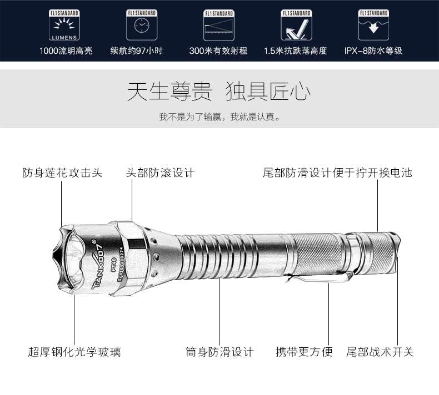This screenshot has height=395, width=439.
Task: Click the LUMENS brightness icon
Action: pos(66,25)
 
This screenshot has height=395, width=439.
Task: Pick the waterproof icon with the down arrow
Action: pos(373,25)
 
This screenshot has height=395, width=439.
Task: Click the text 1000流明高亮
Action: pos(66,51)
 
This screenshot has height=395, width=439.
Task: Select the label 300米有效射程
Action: pos(218,51)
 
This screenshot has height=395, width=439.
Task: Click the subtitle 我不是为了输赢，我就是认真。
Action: pos(219,117)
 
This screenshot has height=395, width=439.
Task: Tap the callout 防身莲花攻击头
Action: pos(62,173)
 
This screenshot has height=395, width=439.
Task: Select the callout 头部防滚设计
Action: pos(160,173)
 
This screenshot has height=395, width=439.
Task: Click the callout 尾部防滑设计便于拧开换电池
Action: pos(337,173)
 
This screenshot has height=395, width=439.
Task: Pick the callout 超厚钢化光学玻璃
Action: pos(74,352)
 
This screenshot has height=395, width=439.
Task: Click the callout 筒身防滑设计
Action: pos(219,352)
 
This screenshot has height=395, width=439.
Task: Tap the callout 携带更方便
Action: pos(304,352)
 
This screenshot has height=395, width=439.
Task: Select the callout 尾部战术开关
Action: pos(380,352)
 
